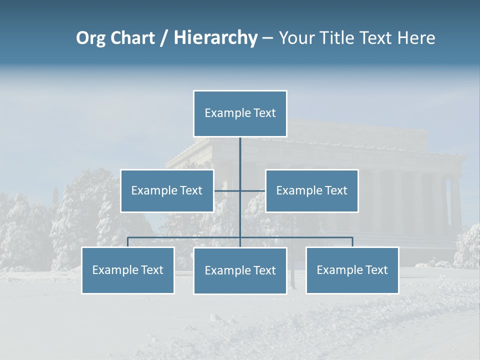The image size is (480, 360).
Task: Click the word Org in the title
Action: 90,38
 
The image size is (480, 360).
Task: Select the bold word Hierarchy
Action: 215,38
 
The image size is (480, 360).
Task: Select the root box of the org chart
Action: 240,113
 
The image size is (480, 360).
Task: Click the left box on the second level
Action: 167,190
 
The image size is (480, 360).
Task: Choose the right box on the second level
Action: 311,190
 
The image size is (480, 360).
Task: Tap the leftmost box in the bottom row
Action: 128,270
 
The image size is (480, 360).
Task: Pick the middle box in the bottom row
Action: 240,271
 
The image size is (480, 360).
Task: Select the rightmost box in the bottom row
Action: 352,270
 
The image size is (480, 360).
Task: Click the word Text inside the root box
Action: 264,113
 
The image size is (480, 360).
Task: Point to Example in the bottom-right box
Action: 336,270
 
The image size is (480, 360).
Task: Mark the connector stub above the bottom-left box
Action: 128,242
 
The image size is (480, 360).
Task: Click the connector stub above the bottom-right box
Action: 352,242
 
